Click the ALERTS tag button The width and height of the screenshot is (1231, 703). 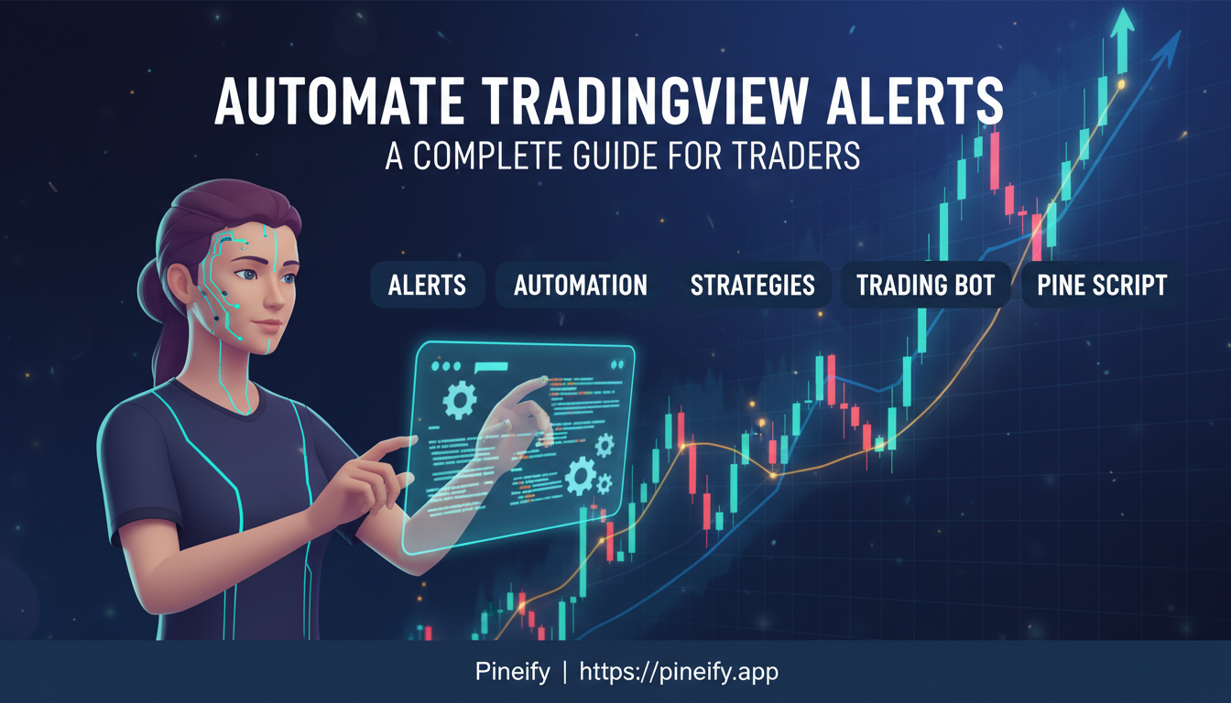click(x=427, y=285)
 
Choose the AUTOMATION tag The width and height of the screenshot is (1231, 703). click(x=581, y=285)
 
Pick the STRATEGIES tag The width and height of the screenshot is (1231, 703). click(x=752, y=285)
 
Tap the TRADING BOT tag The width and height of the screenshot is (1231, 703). click(x=925, y=285)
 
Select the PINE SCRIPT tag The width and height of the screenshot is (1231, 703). click(x=1102, y=285)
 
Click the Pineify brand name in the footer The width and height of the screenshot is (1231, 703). click(x=513, y=672)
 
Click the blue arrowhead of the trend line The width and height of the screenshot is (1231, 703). click(x=1174, y=44)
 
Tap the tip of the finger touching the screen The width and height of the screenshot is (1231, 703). click(x=544, y=378)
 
